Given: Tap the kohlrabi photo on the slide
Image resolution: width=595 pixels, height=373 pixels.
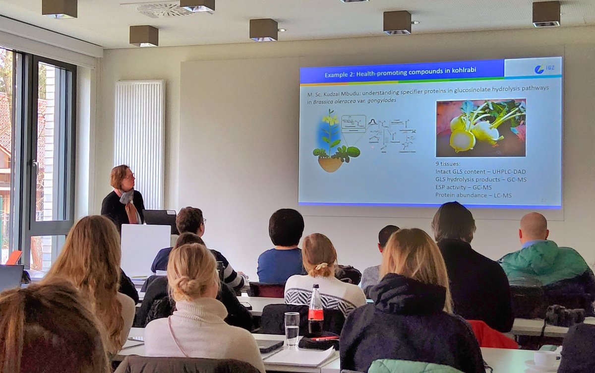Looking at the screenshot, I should click(480, 127).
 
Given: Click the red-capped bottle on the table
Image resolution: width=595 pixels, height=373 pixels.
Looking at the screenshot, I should click(316, 310).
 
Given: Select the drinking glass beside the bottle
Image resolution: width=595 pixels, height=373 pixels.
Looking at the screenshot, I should click(292, 328).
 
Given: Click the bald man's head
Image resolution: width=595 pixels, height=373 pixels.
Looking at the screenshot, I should click(534, 227).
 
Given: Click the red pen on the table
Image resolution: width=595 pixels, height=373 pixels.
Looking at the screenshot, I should click(325, 338).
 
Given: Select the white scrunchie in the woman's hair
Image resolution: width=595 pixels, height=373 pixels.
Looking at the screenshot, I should click(323, 266).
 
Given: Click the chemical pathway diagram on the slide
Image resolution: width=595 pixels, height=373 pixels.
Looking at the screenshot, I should click(392, 134).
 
